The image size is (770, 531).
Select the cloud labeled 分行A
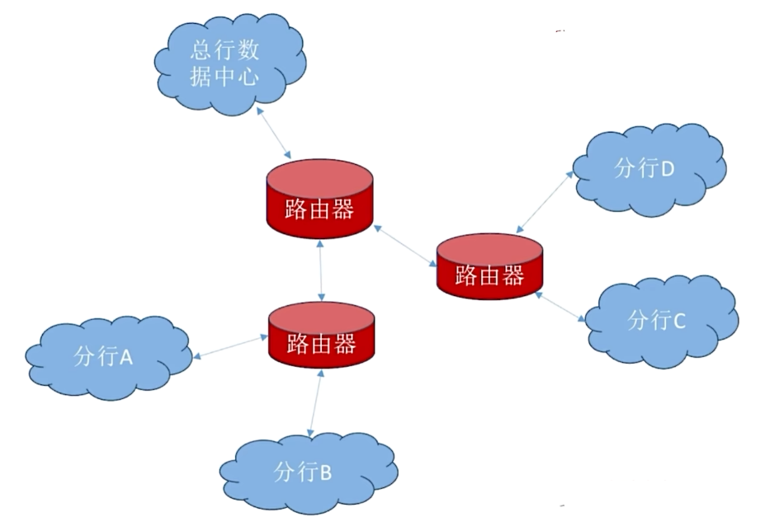tap(107, 357)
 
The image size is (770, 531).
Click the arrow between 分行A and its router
tap(229, 347)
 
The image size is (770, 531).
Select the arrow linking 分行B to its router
tap(315, 402)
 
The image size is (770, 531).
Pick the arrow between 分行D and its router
tap(545, 201)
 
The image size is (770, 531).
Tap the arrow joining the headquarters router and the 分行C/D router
tap(404, 244)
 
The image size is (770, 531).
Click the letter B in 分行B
tap(325, 473)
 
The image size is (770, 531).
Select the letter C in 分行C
tap(678, 321)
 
